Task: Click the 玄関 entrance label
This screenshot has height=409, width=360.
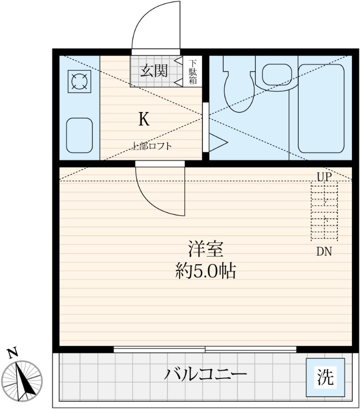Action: pyautogui.click(x=154, y=71)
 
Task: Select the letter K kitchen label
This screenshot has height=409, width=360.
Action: pyautogui.click(x=144, y=120)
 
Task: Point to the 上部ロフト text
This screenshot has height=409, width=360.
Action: pyautogui.click(x=152, y=146)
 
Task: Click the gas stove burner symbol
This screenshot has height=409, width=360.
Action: pyautogui.click(x=79, y=82)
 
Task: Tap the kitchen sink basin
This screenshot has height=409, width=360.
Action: pyautogui.click(x=79, y=135)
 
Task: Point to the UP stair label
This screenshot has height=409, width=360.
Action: pyautogui.click(x=324, y=177)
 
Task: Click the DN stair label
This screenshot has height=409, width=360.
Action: pyautogui.click(x=324, y=252)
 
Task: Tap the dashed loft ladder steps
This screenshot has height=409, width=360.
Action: pyautogui.click(x=324, y=213)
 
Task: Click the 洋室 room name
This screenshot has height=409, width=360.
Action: pyautogui.click(x=205, y=250)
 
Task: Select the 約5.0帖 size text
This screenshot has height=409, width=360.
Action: pyautogui.click(x=205, y=271)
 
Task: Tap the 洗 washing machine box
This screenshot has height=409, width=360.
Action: pyautogui.click(x=325, y=377)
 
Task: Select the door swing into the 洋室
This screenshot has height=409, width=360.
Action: pyautogui.click(x=159, y=189)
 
